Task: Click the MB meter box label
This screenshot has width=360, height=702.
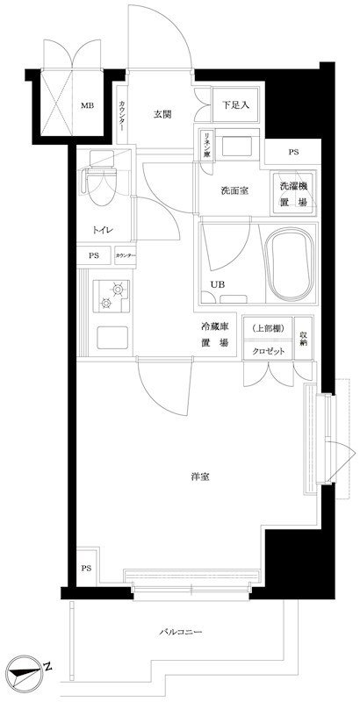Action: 87,106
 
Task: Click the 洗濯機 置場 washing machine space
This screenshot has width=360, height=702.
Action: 292,192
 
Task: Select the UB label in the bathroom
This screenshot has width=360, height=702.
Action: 216,283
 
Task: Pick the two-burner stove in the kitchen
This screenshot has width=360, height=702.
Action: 110,295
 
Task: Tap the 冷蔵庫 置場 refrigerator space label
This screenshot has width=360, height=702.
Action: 214,334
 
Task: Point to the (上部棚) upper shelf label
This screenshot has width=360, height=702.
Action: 267,327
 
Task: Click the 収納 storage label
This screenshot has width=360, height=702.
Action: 303,337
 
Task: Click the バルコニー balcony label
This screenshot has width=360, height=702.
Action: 181,632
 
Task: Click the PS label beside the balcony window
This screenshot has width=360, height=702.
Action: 85,568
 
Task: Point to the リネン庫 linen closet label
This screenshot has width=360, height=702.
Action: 205,144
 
